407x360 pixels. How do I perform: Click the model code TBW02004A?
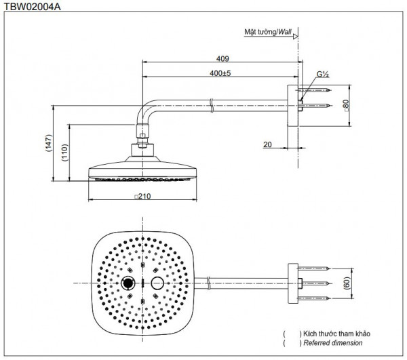tap(31, 5)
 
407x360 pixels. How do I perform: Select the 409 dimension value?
tap(220, 59)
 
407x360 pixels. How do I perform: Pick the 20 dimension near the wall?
tap(267, 144)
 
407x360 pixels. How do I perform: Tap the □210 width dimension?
tap(142, 196)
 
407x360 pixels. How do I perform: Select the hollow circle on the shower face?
tap(157, 282)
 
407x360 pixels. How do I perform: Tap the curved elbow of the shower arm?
tap(147, 111)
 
